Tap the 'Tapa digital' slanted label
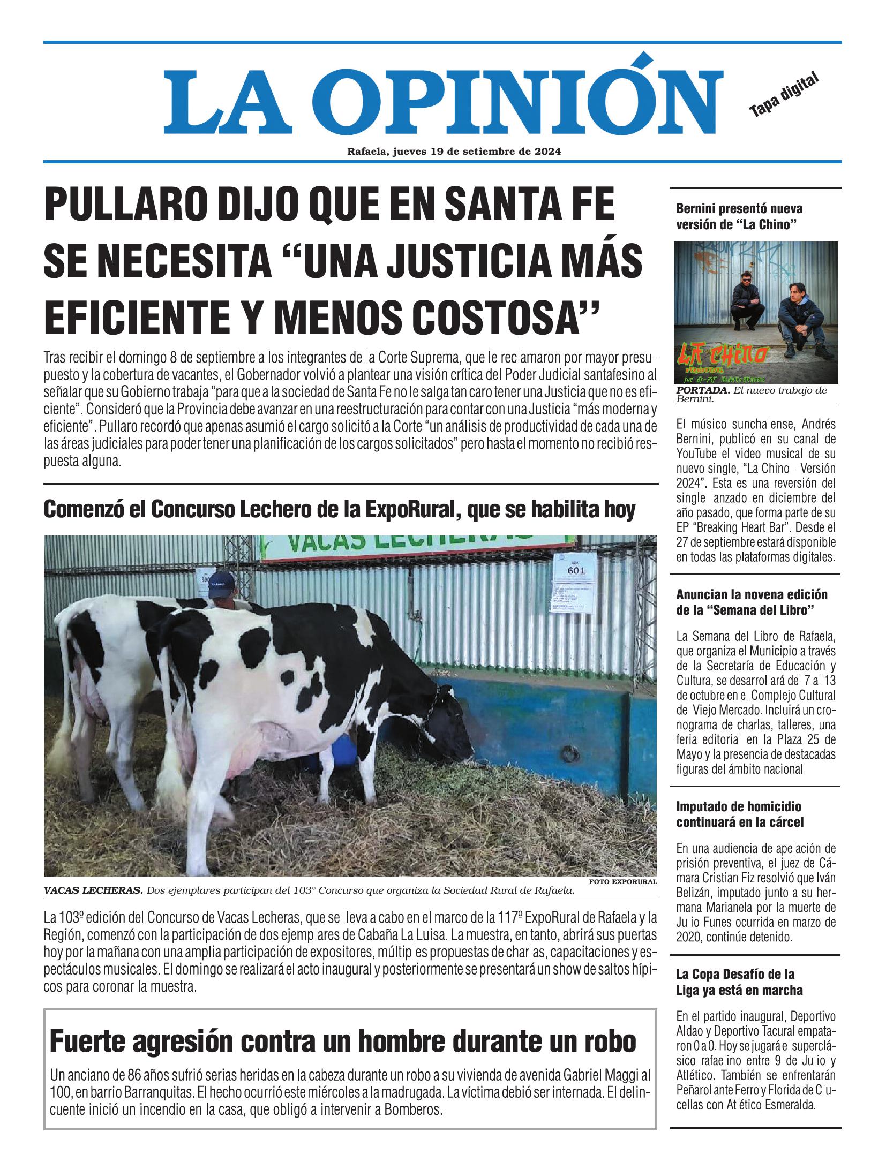click(784, 95)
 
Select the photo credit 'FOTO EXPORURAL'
click(622, 881)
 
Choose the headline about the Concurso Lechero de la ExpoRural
click(339, 510)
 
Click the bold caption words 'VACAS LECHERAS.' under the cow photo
click(93, 891)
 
